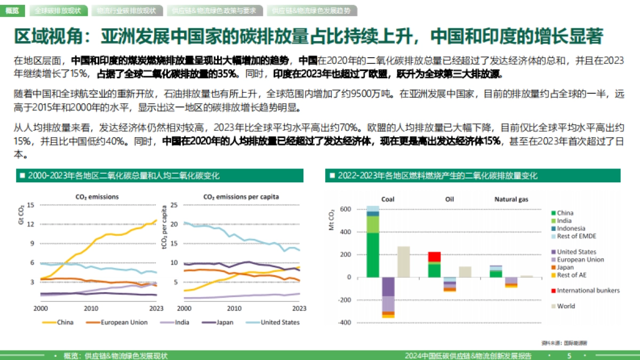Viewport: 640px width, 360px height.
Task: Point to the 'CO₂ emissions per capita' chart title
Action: (241, 197)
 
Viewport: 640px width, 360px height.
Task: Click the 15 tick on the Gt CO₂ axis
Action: (30, 205)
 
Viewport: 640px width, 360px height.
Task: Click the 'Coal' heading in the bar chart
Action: (388, 199)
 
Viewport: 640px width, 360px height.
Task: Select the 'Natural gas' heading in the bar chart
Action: (511, 199)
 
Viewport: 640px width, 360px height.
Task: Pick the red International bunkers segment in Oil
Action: (434, 257)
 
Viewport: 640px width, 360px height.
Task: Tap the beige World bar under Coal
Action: (404, 261)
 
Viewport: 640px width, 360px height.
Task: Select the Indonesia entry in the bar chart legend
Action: (571, 228)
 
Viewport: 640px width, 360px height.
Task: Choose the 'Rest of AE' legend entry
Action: (572, 275)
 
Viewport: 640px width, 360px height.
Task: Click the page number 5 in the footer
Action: (569, 356)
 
